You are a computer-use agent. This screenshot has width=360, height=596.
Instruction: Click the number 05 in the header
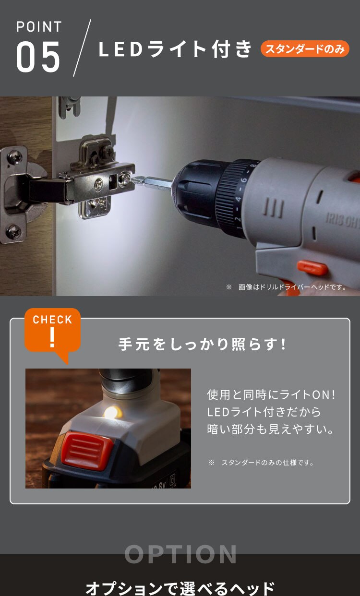pyautogui.click(x=38, y=57)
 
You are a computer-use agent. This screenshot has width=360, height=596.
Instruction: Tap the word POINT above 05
pyautogui.click(x=39, y=27)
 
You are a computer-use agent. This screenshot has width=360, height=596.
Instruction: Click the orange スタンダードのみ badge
pyautogui.click(x=305, y=49)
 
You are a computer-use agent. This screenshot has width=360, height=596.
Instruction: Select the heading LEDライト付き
pyautogui.click(x=175, y=49)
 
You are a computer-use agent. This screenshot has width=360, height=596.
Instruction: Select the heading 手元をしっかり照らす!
pyautogui.click(x=202, y=344)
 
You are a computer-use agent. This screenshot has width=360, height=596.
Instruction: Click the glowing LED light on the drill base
pyautogui.click(x=112, y=412)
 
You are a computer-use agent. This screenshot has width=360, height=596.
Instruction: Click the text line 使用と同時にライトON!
pyautogui.click(x=271, y=395)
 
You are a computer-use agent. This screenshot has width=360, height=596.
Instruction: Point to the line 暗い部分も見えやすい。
pyautogui.click(x=271, y=429)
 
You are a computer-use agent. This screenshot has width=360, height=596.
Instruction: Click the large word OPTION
pyautogui.click(x=180, y=554)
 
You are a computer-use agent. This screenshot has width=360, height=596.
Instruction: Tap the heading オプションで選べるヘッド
pyautogui.click(x=180, y=588)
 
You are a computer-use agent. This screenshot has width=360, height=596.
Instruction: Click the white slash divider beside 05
pyautogui.click(x=82, y=48)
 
